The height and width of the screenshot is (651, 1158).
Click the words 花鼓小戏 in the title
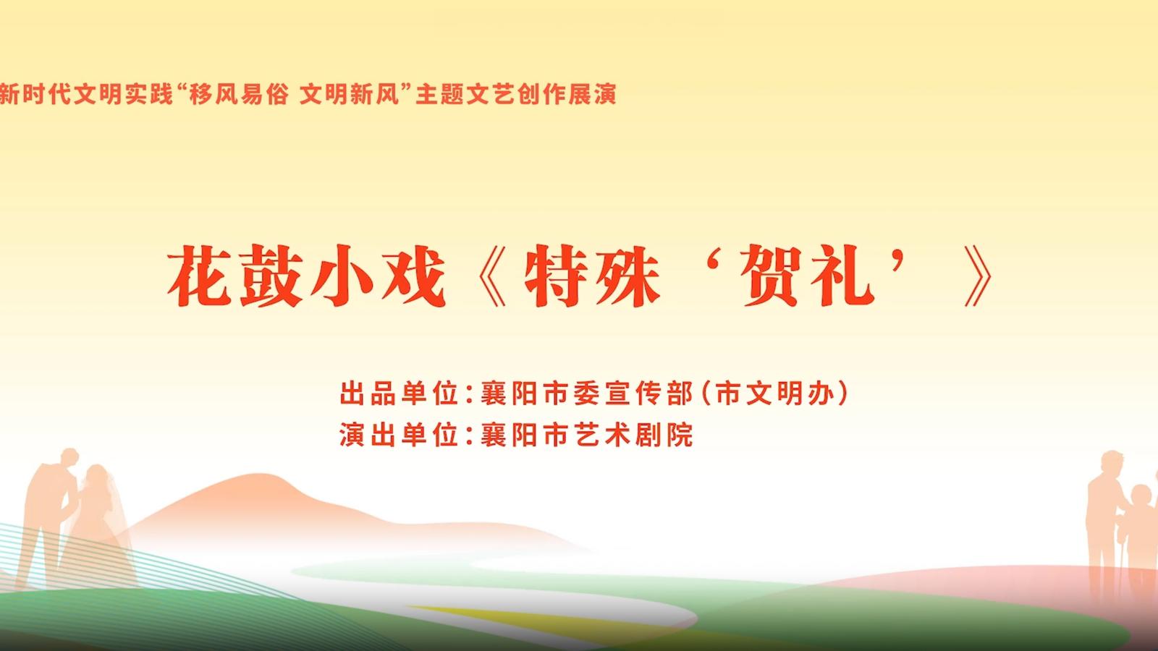point(307,276)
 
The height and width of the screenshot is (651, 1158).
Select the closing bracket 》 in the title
point(978,276)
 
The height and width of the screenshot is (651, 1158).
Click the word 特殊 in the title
point(593,276)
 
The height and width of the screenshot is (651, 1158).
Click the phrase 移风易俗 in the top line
point(238,95)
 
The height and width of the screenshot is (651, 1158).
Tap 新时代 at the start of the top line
point(35,95)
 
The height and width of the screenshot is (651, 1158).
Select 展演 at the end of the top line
point(592,95)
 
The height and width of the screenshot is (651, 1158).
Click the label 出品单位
point(399,393)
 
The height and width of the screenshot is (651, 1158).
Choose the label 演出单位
point(399,435)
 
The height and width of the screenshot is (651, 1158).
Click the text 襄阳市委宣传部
point(587,393)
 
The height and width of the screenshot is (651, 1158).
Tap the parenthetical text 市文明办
point(775,393)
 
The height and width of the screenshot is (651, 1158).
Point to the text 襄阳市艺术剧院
point(587,435)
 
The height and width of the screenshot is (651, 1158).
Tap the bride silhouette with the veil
point(98,522)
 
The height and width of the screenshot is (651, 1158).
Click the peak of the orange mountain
point(261,475)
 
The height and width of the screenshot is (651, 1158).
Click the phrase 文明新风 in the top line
point(350,95)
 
